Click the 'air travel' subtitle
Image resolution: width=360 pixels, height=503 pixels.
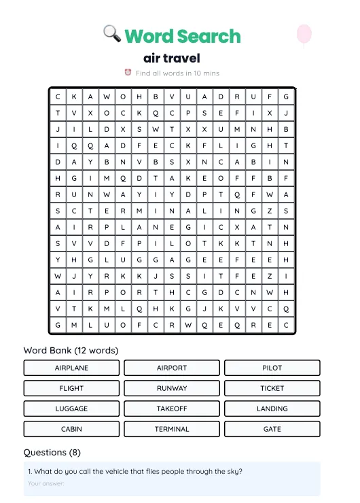(x=172, y=58)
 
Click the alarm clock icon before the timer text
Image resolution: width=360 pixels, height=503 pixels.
(x=128, y=73)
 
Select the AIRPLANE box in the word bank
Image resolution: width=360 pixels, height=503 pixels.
(x=71, y=368)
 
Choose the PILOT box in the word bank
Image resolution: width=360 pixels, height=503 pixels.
(x=272, y=368)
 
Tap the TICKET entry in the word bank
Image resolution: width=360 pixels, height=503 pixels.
(x=272, y=388)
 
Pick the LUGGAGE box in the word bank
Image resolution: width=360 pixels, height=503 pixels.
(x=71, y=409)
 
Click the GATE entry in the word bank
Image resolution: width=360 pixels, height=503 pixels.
(x=272, y=429)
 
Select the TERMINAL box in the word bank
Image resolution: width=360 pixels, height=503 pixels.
(x=172, y=429)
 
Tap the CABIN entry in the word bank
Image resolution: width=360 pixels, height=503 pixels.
(x=71, y=429)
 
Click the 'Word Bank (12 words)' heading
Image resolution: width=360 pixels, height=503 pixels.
(x=71, y=350)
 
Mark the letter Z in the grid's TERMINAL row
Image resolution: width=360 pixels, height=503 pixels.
(x=270, y=211)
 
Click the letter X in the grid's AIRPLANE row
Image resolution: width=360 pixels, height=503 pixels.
(x=237, y=227)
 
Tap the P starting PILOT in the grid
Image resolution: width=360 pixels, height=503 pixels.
(x=139, y=243)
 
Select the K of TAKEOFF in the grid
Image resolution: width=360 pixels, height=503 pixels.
(x=188, y=178)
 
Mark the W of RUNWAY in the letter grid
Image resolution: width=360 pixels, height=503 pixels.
(x=107, y=194)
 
